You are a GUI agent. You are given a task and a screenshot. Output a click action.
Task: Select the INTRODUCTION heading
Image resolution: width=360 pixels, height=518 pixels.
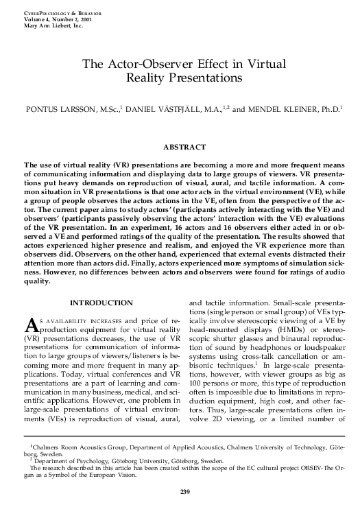tap(101, 303)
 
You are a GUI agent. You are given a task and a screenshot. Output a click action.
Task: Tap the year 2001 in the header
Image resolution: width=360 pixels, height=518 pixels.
tap(87, 20)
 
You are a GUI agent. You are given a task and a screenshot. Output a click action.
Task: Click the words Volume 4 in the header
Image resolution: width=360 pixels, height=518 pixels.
tap(28, 20)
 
